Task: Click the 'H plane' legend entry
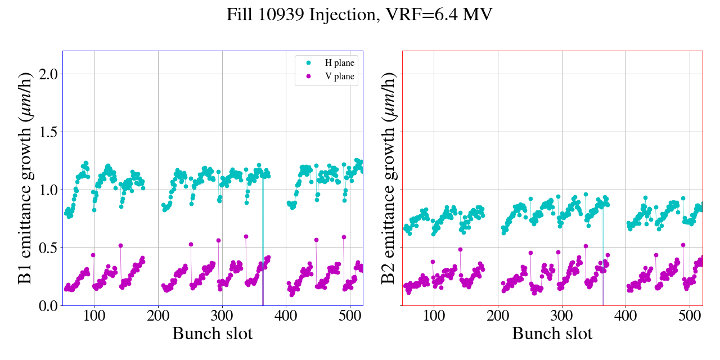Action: pos(340,62)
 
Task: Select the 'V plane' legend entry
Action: pos(340,76)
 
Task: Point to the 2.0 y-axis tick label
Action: pos(46,74)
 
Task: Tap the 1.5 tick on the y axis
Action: pos(46,132)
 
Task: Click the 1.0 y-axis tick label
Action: pos(46,190)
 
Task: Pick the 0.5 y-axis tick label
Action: pos(46,248)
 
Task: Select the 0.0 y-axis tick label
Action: pos(46,306)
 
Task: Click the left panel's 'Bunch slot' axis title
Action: pos(212,334)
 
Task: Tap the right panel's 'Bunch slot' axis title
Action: pos(552,334)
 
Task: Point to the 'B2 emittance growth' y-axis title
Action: pos(389,178)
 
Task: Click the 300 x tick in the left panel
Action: pos(222,316)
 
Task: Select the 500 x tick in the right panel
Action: pos(690,316)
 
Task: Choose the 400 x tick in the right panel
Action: pos(625,316)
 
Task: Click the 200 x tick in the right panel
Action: pos(498,316)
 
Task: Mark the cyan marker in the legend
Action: pos(308,62)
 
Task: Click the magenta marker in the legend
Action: pos(308,76)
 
